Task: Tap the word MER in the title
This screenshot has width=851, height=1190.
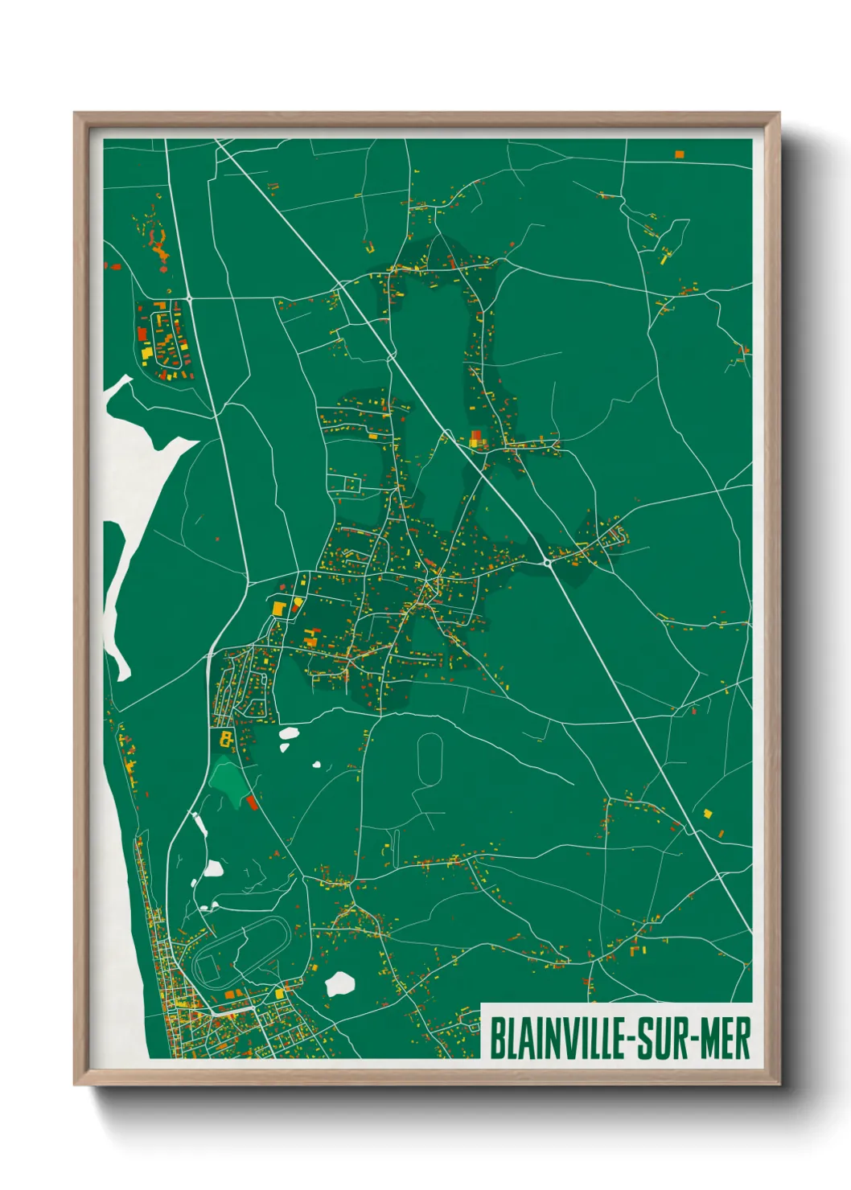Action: [726, 1039]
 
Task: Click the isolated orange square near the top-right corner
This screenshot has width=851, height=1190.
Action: [680, 153]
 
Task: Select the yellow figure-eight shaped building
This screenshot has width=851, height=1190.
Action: [227, 737]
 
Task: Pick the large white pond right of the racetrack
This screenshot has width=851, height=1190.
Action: [340, 983]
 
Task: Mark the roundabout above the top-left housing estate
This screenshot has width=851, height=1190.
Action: [190, 298]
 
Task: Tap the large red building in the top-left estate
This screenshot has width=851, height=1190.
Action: [142, 333]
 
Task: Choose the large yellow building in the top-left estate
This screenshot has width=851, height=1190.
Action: [146, 352]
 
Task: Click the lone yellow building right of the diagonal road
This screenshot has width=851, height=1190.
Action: [708, 814]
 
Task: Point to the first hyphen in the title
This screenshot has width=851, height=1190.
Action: [628, 1040]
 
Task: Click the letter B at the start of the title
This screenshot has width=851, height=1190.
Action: [496, 1039]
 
